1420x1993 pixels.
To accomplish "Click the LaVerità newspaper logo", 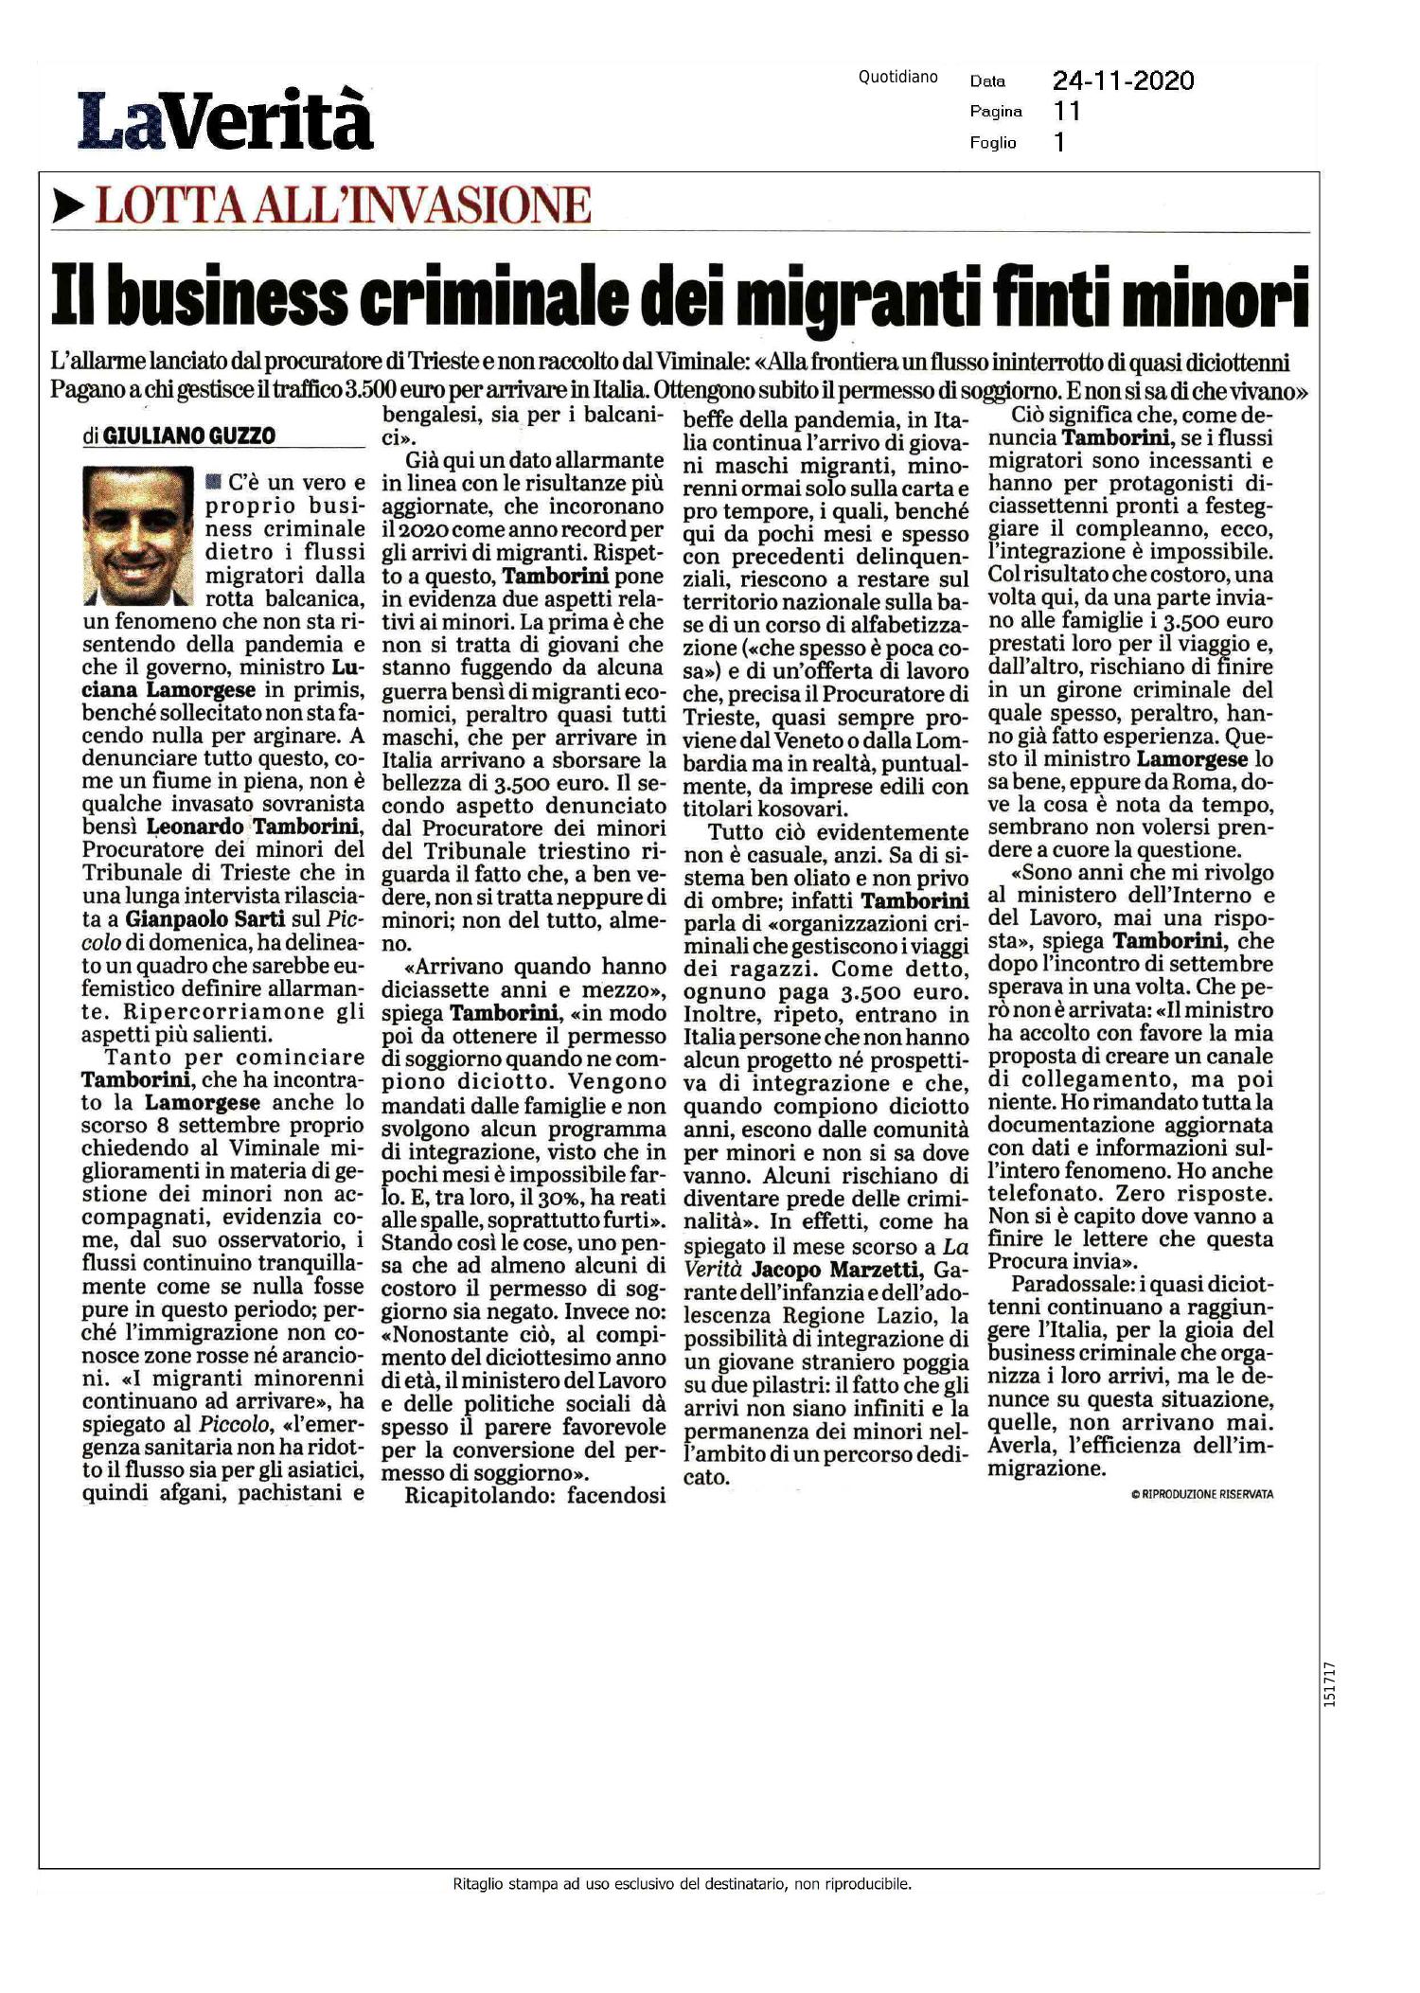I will tap(225, 120).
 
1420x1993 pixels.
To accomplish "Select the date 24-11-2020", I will tap(1123, 81).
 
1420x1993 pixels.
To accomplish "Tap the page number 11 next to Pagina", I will tap(1067, 112).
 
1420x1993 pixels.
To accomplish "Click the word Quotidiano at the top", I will tap(897, 78).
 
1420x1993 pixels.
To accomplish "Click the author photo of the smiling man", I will tap(138, 536).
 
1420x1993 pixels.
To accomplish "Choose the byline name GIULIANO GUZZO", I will tap(188, 436).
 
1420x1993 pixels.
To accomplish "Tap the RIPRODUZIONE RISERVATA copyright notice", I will tap(1201, 1494).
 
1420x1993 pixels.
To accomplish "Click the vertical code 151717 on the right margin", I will tap(1330, 1685).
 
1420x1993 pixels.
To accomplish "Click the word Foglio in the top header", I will tap(992, 143).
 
